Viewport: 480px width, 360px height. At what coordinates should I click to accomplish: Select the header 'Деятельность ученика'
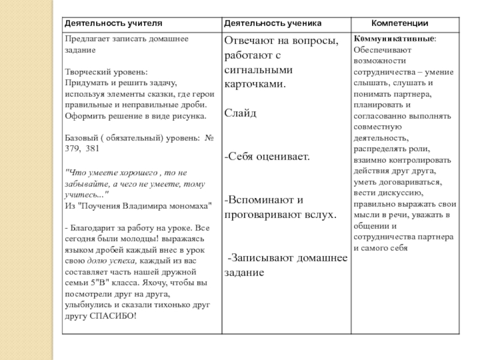272,23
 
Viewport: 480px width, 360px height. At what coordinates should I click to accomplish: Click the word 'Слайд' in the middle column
240,113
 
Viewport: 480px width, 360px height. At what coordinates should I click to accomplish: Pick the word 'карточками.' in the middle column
254,84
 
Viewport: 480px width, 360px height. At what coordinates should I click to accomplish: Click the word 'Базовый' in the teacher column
80,137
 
